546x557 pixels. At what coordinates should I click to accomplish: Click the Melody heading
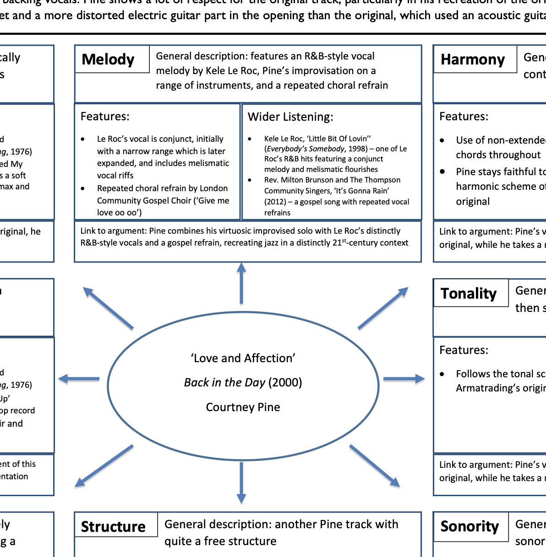tap(108, 59)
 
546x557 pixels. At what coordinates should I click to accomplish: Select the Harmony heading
tap(473, 59)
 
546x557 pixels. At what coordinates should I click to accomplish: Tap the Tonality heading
tap(469, 293)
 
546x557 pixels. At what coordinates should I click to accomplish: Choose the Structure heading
tap(113, 527)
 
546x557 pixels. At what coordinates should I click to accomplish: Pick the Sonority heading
tap(470, 526)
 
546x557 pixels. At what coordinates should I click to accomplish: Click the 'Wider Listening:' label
tap(290, 117)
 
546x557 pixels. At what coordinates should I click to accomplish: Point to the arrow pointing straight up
tap(241, 284)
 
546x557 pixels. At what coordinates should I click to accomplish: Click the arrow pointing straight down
tap(241, 482)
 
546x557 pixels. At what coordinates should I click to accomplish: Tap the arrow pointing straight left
tap(79, 379)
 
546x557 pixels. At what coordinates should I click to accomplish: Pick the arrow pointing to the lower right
tap(375, 466)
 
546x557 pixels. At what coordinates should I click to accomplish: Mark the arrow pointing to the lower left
tap(104, 466)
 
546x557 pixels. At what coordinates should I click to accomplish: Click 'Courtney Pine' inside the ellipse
tap(243, 407)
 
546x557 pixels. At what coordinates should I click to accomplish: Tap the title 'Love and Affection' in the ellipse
tap(243, 358)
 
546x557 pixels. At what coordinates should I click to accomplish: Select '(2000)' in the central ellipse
tap(285, 382)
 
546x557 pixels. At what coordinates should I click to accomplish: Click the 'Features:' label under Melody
tap(105, 117)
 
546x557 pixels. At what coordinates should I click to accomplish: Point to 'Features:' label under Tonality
tap(464, 350)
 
